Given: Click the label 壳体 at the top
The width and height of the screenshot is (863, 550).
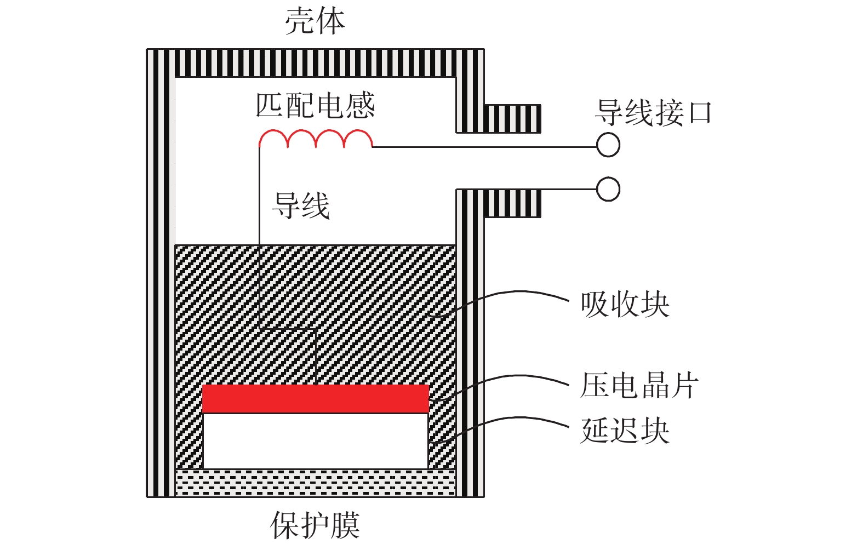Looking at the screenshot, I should point(315,22).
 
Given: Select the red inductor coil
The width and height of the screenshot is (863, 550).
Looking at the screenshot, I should point(316,139).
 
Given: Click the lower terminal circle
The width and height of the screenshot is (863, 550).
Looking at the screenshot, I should point(608,190).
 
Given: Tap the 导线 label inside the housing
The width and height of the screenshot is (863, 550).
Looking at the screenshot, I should point(301,206).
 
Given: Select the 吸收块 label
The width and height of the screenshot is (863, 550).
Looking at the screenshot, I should point(625,305).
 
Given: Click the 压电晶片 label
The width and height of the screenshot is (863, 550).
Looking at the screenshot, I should point(639,385).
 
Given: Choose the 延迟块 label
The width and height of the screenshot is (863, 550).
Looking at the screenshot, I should point(625,431).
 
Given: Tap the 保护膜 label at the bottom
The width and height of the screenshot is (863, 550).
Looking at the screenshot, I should point(315,525).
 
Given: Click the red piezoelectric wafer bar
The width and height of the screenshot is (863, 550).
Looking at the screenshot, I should point(315,398).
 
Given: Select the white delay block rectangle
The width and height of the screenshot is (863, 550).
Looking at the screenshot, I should point(315,440).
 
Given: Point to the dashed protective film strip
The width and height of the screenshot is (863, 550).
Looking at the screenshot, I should point(315,483).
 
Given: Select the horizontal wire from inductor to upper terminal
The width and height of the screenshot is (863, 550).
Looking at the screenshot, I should point(482,147).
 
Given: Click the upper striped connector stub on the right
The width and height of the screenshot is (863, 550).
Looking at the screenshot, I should point(513,118).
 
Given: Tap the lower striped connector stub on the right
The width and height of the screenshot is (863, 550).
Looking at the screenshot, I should point(513,203).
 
